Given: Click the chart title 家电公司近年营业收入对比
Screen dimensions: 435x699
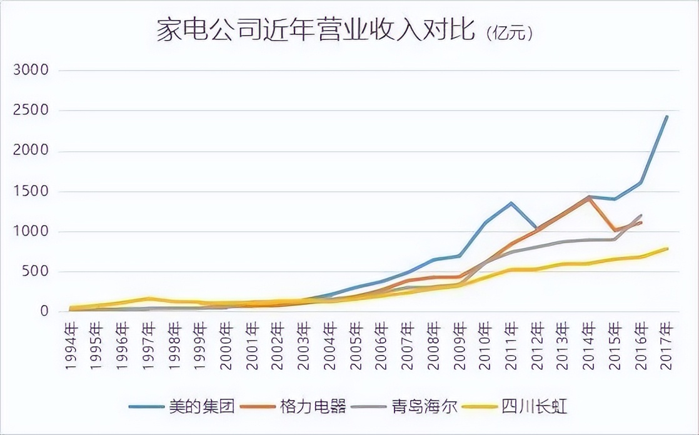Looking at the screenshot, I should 316,31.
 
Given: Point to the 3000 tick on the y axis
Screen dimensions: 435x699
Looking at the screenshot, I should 31,70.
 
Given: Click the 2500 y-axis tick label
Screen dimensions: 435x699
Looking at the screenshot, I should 31,111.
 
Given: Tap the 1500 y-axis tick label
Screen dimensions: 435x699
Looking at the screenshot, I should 31,191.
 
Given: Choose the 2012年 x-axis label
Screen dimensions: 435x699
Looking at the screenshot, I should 536,347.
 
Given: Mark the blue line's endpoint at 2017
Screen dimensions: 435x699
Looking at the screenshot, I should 667,116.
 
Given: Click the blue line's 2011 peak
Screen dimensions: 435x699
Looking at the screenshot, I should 511,202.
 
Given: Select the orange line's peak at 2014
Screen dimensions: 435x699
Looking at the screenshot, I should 588,197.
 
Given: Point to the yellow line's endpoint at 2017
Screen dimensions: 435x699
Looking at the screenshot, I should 667,248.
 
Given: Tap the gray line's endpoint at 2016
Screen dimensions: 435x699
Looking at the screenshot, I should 641,215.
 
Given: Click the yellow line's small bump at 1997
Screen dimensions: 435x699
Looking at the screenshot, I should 149,298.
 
